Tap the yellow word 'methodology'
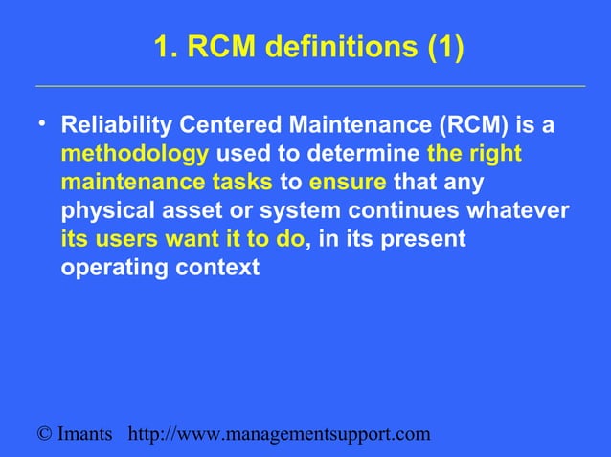point(135,154)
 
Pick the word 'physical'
point(105,210)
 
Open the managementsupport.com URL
point(279,435)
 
